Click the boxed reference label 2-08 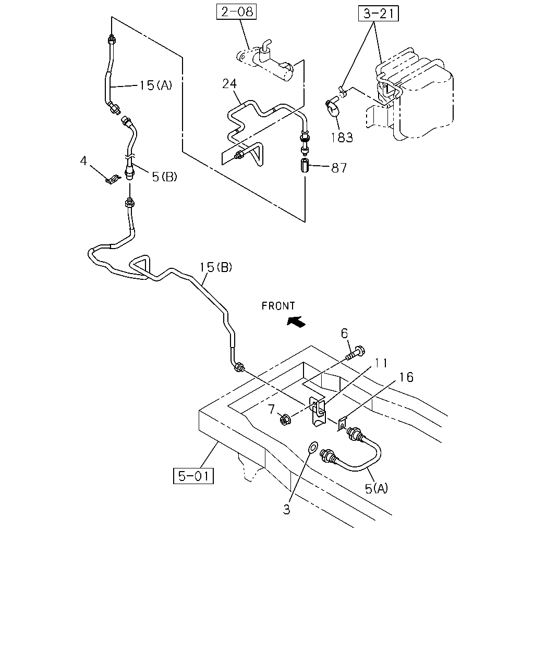tap(236, 12)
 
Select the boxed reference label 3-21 tap(378, 14)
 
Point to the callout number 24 tap(229, 84)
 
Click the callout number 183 tap(342, 138)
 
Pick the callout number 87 tap(338, 168)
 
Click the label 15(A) tap(155, 85)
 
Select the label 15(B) tap(216, 267)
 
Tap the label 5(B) tap(164, 177)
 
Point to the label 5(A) tap(377, 489)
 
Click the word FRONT tap(278, 306)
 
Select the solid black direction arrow tap(296, 322)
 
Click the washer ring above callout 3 tap(313, 447)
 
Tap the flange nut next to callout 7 tap(285, 420)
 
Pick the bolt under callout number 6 tap(356, 353)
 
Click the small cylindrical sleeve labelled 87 tap(304, 166)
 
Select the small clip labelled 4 tap(112, 180)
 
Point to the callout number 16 tap(406, 377)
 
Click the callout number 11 tap(381, 363)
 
